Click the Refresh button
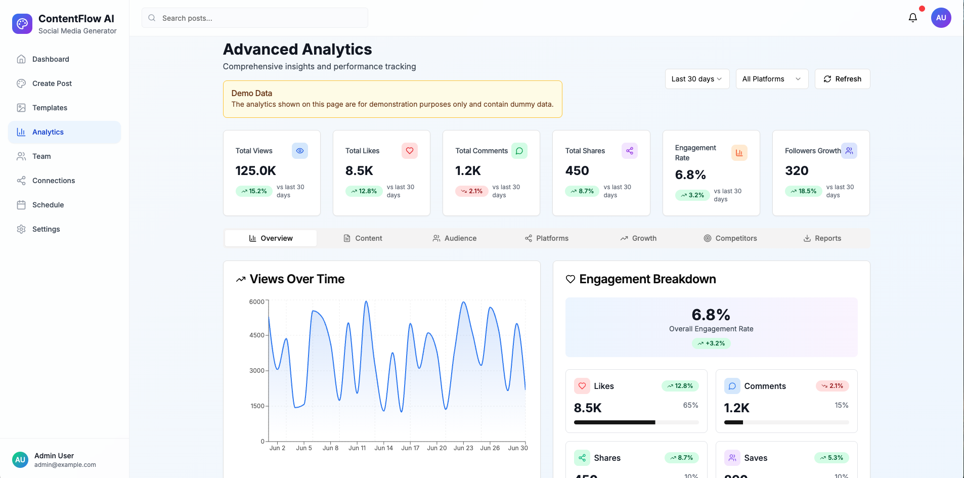click(x=842, y=79)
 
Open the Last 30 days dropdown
click(x=696, y=79)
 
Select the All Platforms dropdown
click(x=771, y=79)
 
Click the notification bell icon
click(x=912, y=18)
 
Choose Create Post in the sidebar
click(x=52, y=83)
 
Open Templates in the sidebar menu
click(x=50, y=108)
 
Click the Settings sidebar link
click(x=46, y=229)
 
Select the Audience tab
click(x=454, y=238)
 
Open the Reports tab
click(x=822, y=238)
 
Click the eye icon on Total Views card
click(x=300, y=151)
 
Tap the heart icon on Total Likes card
click(x=410, y=151)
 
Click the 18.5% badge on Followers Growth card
click(x=803, y=191)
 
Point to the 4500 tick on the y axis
click(x=257, y=335)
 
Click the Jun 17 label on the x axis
click(x=410, y=448)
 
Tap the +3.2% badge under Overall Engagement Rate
click(x=711, y=343)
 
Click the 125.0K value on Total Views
click(x=256, y=171)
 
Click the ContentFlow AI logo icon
click(x=22, y=24)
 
